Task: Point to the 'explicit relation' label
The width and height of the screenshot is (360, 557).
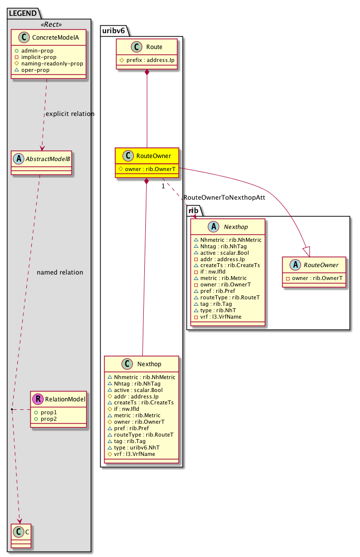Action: [70, 114]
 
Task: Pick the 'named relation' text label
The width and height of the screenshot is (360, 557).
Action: [60, 273]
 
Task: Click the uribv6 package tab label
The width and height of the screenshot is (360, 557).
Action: [115, 30]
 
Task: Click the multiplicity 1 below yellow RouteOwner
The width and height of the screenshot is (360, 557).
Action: [162, 186]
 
